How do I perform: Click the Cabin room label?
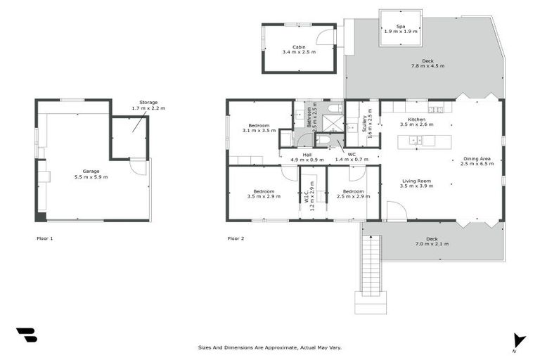click(299, 46)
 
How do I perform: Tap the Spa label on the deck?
click(400, 26)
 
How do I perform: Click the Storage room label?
click(148, 103)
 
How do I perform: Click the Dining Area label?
click(476, 159)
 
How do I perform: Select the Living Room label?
click(417, 181)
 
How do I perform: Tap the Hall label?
click(307, 155)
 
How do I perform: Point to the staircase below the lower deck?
click(370, 267)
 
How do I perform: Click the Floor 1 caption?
click(44, 238)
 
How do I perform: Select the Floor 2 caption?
click(236, 238)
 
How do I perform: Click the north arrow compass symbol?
click(518, 340)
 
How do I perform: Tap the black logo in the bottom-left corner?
click(26, 335)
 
